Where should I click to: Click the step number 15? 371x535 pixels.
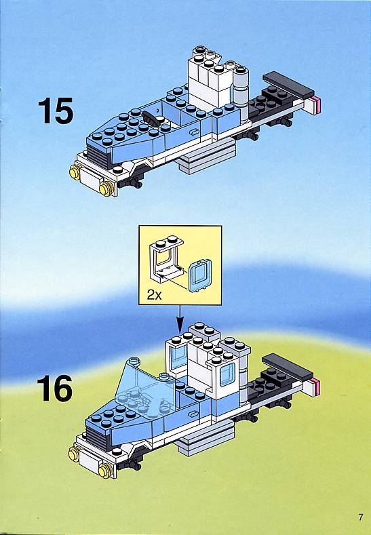(x=56, y=111)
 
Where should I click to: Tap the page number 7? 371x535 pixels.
(x=361, y=517)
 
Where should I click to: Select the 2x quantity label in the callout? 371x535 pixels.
(x=154, y=294)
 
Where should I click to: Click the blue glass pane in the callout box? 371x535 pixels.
(x=200, y=276)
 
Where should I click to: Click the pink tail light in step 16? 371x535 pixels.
(x=317, y=387)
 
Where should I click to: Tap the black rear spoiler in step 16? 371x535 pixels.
(x=288, y=366)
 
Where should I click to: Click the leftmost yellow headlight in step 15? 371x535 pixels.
(x=75, y=172)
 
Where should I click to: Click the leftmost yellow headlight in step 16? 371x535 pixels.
(x=74, y=454)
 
